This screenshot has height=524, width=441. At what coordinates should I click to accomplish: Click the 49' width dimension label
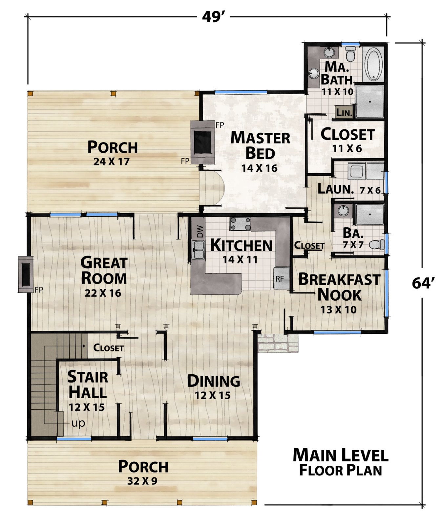pyautogui.click(x=213, y=16)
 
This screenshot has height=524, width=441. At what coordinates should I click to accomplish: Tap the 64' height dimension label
pyautogui.click(x=423, y=283)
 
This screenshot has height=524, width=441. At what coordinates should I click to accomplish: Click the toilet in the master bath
pyautogui.click(x=350, y=54)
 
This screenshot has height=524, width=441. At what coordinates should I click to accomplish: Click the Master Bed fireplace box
pyautogui.click(x=203, y=142)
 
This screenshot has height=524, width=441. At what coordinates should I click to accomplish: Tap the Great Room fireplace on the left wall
pyautogui.click(x=26, y=274)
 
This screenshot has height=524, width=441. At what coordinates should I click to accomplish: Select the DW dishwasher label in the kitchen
pyautogui.click(x=200, y=232)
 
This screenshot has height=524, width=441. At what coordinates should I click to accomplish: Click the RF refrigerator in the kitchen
pyautogui.click(x=282, y=278)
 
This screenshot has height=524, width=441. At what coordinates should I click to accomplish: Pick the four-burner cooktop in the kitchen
pyautogui.click(x=240, y=224)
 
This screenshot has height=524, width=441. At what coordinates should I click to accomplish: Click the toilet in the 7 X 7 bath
pyautogui.click(x=377, y=244)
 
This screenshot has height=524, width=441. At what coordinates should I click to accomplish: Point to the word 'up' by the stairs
pyautogui.click(x=78, y=423)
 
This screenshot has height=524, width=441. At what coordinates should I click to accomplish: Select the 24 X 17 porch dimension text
pyautogui.click(x=112, y=161)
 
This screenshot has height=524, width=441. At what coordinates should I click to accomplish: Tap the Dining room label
pyautogui.click(x=213, y=381)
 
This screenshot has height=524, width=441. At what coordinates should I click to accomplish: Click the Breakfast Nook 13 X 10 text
pyautogui.click(x=339, y=309)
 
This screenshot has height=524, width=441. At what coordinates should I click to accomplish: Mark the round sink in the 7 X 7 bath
pyautogui.click(x=344, y=211)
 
